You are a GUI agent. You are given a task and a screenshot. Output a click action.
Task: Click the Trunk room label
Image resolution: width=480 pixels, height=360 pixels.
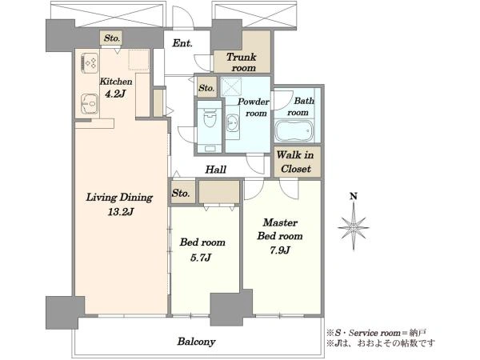tap(242, 62)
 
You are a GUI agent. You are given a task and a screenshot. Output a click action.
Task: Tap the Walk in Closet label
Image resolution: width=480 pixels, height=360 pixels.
tap(295, 162)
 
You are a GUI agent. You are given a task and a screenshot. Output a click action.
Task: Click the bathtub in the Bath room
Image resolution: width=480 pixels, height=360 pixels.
tap(294, 130)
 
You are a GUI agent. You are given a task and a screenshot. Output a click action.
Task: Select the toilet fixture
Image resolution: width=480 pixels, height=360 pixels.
tap(210, 118)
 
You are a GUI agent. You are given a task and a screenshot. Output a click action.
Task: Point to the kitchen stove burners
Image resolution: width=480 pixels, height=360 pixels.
tap(90, 63)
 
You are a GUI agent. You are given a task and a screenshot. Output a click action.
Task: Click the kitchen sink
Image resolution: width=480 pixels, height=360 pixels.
tap(90, 103)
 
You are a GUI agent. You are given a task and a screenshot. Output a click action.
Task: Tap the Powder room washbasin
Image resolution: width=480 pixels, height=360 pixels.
tap(233, 122)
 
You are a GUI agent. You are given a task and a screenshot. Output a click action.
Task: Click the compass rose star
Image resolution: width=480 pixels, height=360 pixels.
tap(354, 227)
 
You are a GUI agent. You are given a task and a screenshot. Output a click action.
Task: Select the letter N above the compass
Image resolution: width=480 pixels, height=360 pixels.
tap(354, 196)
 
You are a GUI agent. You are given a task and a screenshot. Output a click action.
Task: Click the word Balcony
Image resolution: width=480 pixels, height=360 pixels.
tap(196, 342)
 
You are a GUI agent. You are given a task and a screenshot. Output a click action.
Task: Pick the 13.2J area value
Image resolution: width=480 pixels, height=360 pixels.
tap(120, 211)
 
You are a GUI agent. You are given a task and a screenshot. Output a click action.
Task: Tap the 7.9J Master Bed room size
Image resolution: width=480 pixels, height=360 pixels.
tap(280, 250)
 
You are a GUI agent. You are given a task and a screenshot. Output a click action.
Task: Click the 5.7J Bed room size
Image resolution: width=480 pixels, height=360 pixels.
tap(200, 258)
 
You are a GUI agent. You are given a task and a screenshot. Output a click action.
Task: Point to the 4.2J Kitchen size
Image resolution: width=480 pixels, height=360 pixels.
tap(115, 94)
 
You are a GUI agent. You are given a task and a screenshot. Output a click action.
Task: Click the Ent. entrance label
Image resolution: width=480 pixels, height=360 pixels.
tap(182, 43)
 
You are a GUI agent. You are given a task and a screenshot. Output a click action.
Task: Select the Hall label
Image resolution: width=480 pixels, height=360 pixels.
tap(216, 170)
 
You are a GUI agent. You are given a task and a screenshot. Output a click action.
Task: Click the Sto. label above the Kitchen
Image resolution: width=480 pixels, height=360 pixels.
tap(111, 38)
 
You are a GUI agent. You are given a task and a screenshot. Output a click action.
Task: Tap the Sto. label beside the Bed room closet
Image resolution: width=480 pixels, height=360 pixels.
tap(181, 193)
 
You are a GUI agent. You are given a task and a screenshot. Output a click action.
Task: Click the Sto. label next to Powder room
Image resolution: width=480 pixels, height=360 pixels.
tap(206, 88)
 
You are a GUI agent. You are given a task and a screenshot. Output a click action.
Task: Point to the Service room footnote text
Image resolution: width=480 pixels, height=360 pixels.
tap(376, 333)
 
